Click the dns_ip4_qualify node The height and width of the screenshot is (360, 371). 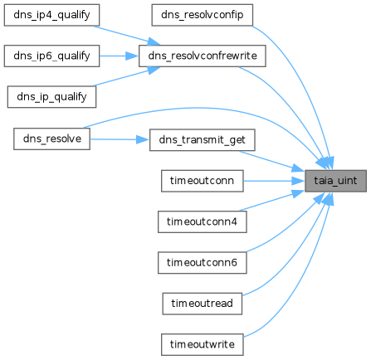tap(51, 15)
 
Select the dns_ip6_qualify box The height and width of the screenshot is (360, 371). tap(51, 56)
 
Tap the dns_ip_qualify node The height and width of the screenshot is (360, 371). tap(51, 97)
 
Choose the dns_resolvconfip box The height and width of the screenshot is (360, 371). tap(203, 15)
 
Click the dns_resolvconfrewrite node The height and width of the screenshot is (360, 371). tap(203, 56)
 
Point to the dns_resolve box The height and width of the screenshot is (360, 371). tap(51, 139)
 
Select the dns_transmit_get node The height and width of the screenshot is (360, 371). tap(203, 140)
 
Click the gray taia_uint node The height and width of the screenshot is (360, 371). tap(335, 181)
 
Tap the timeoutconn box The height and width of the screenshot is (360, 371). tap(203, 181)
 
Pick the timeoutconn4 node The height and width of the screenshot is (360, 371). tap(203, 221)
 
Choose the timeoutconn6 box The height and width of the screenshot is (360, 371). tap(203, 263)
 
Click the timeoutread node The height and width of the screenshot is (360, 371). tap(203, 304)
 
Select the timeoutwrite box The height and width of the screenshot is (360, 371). tap(203, 344)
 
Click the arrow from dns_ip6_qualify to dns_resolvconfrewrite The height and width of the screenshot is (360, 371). tap(119, 56)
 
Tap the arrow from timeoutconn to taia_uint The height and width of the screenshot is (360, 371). tap(274, 181)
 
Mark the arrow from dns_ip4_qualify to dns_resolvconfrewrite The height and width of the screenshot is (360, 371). tap(127, 36)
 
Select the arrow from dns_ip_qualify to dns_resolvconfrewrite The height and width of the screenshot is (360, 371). tap(127, 76)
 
